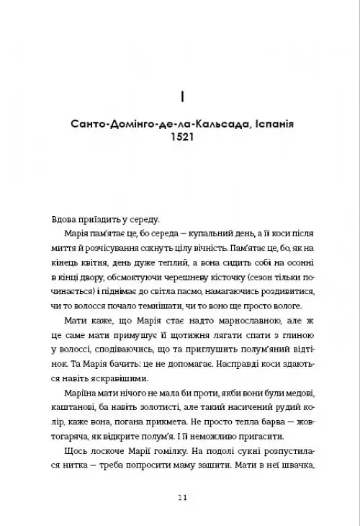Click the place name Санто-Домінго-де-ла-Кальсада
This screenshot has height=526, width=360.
click(156, 123)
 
